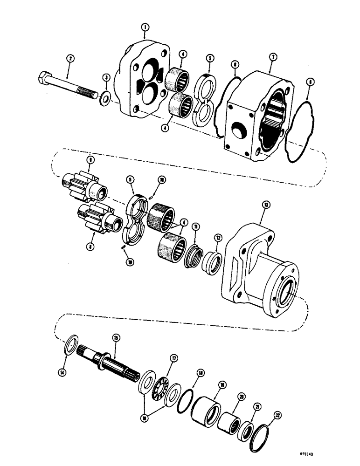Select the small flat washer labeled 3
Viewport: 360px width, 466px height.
coord(106,97)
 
